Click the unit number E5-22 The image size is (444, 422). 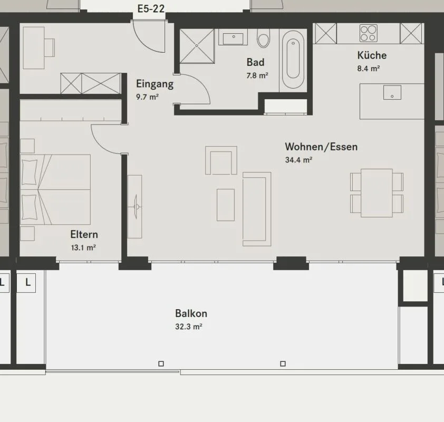(x=151, y=9)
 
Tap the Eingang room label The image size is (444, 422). (x=155, y=84)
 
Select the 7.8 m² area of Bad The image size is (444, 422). (x=257, y=75)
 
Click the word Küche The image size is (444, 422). (x=372, y=55)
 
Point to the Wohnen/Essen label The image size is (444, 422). (x=321, y=147)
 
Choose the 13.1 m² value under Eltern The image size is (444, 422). (x=83, y=248)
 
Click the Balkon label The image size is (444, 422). (x=191, y=313)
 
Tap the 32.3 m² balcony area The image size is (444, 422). (x=189, y=327)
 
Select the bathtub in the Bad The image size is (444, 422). (x=293, y=59)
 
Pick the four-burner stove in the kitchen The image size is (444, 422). (x=369, y=33)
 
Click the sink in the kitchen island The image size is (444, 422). (x=392, y=92)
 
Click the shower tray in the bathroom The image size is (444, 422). (x=197, y=46)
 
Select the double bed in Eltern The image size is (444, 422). (x=55, y=189)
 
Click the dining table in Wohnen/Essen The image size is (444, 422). (x=377, y=193)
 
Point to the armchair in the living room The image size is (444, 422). (x=221, y=160)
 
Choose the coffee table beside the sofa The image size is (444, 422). (x=226, y=205)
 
